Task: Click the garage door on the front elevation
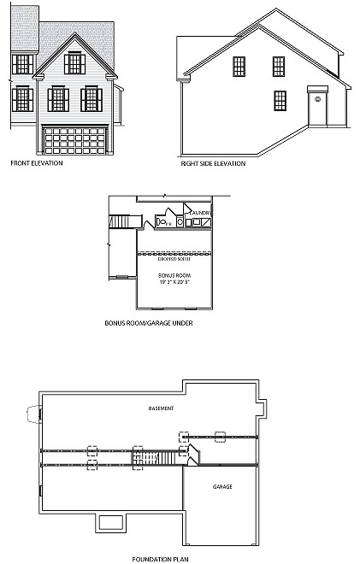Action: [75, 138]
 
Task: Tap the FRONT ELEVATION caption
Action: [35, 163]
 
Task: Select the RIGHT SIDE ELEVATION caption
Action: [213, 163]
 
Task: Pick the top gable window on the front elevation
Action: [75, 62]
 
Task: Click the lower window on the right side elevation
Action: [280, 100]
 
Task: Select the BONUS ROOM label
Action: [173, 275]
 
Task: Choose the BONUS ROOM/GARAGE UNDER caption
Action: [142, 324]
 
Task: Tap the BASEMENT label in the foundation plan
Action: [161, 408]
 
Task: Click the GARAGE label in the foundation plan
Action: [222, 486]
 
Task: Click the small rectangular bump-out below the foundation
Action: [110, 523]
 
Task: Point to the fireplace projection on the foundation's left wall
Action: [35, 414]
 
